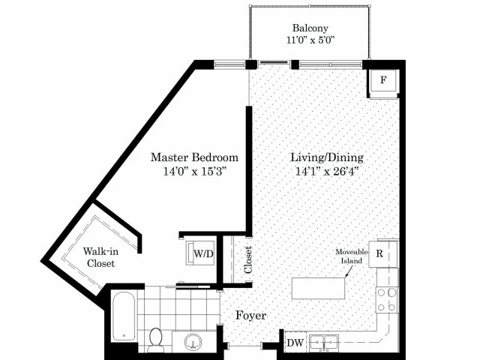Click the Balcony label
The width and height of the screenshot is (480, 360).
[310, 28]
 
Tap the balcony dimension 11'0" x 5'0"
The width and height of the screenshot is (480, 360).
[310, 40]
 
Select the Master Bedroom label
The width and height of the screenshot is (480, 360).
[194, 157]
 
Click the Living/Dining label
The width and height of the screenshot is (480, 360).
[327, 157]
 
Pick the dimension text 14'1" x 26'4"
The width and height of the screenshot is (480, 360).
[327, 171]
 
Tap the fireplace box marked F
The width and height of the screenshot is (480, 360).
[383, 80]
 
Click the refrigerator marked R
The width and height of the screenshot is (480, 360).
[383, 253]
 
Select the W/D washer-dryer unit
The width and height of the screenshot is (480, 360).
[201, 253]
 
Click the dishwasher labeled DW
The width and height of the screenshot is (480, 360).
[295, 343]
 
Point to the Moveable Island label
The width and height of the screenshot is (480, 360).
[352, 256]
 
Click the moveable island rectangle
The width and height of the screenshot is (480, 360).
[318, 288]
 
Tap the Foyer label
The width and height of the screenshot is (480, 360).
[250, 315]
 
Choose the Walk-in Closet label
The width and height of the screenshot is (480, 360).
[100, 257]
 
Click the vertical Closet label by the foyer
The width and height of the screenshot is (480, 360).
[248, 260]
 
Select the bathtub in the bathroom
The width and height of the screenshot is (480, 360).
[124, 316]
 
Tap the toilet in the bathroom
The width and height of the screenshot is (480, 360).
[156, 340]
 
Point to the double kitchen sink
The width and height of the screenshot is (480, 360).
[324, 342]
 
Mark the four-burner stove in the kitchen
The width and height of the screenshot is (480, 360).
[387, 300]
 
